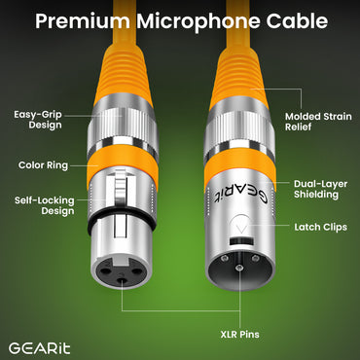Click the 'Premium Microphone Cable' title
180,20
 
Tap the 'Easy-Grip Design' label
38,121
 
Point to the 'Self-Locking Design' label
39,205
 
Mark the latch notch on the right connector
237,232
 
